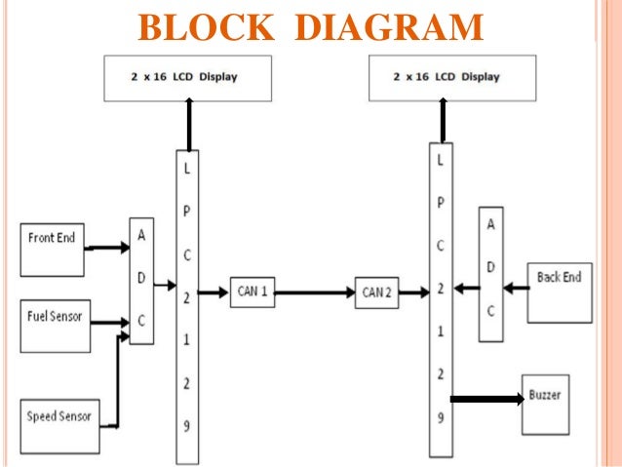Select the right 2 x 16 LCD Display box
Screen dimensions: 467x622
(452, 77)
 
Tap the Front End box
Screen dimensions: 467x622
(53, 248)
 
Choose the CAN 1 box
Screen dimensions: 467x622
(252, 292)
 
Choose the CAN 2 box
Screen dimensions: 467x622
(375, 292)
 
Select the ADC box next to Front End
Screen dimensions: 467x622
(141, 281)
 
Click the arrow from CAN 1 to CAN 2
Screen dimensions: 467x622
(313, 292)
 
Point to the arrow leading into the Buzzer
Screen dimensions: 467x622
(486, 399)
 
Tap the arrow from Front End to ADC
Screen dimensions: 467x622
(107, 248)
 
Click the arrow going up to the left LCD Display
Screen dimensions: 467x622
(189, 125)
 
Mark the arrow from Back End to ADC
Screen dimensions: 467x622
(516, 289)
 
